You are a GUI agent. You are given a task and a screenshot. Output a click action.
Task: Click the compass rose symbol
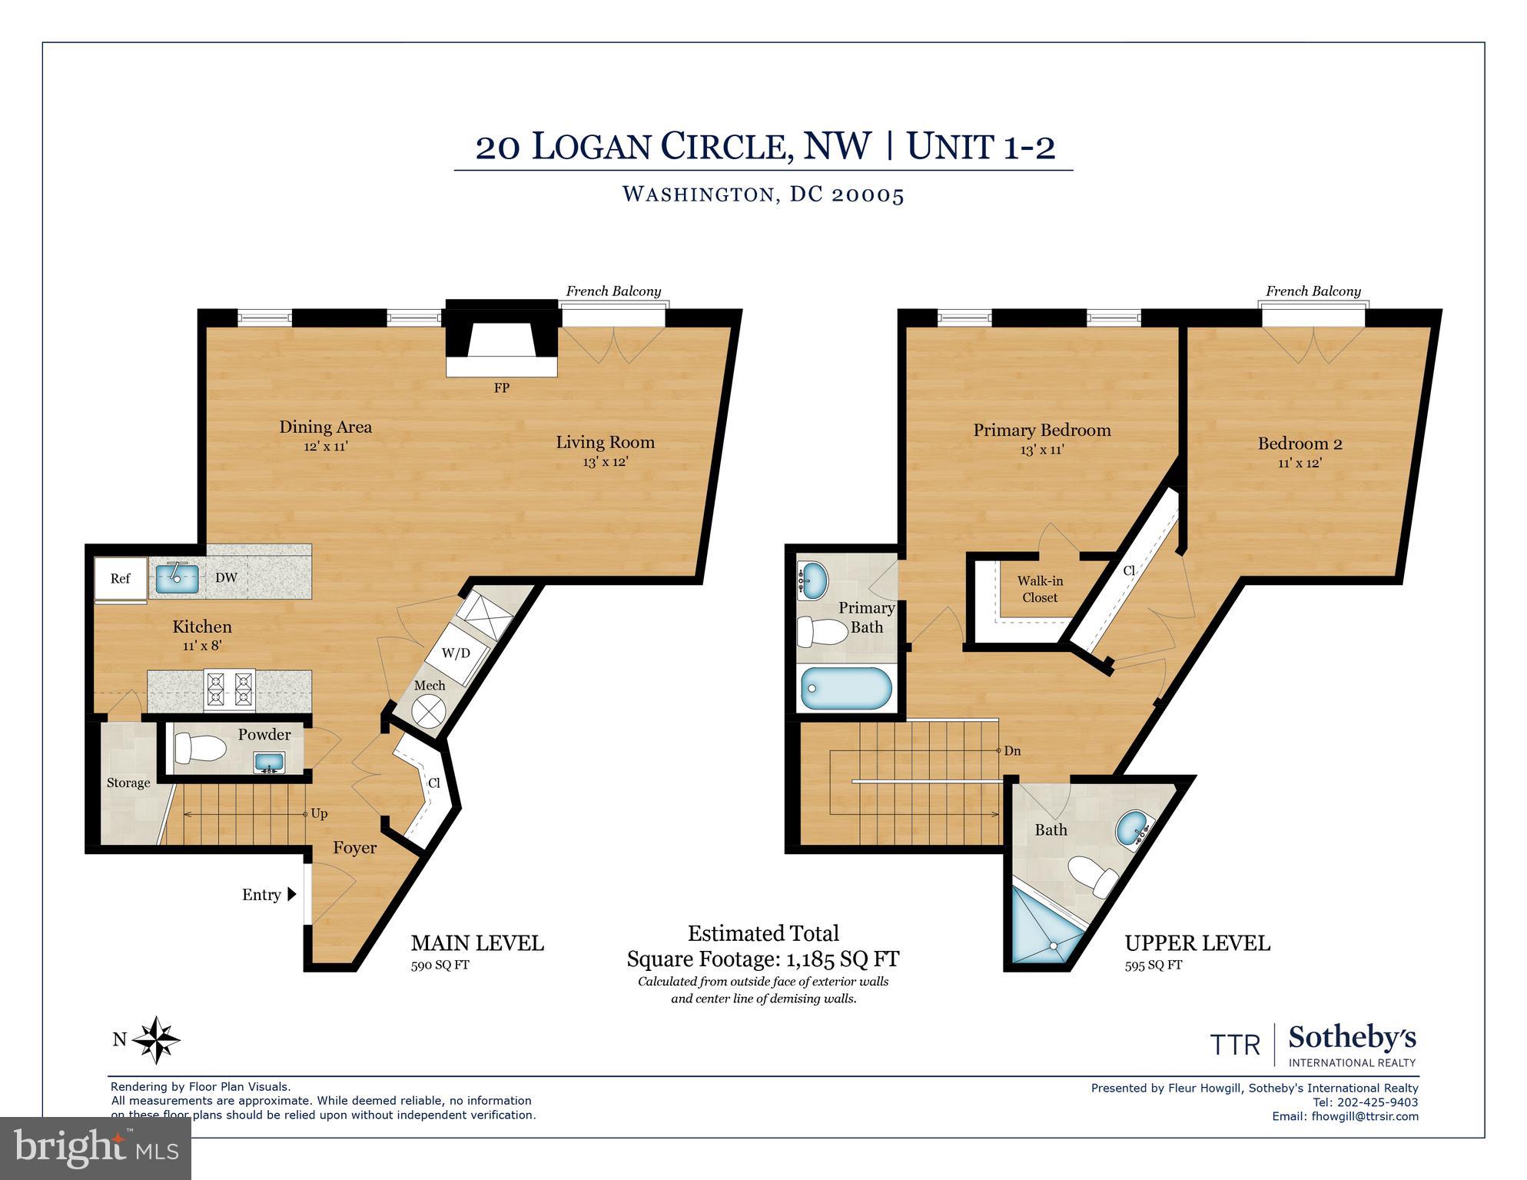click(x=156, y=1040)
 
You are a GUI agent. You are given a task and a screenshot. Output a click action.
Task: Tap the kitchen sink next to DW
click(x=178, y=577)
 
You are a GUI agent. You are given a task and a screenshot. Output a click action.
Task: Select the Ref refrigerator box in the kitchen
click(x=121, y=579)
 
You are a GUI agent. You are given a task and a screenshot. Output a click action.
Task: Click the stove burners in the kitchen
click(x=229, y=690)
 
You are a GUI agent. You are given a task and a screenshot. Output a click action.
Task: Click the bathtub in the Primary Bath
click(x=845, y=688)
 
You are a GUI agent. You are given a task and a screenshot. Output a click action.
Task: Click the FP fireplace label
click(x=501, y=388)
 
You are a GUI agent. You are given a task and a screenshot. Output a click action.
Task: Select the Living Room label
click(x=605, y=443)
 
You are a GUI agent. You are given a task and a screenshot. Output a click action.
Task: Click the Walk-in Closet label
click(x=1039, y=590)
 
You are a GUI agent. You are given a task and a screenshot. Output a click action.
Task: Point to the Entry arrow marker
click(x=291, y=894)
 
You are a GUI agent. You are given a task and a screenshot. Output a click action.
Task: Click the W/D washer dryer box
click(x=456, y=653)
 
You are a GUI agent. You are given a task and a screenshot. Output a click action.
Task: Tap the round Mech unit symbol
click(x=428, y=710)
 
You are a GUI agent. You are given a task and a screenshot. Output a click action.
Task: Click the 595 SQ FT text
click(x=1153, y=966)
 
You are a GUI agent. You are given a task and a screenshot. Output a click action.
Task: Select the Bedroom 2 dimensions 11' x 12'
click(x=1300, y=464)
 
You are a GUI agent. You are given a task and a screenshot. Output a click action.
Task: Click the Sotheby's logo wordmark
click(x=1352, y=1038)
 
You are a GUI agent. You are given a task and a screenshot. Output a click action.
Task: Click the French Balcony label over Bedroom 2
click(x=1313, y=291)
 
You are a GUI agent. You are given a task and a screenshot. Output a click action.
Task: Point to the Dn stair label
click(x=1012, y=751)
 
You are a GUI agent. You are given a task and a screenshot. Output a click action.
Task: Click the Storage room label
click(x=128, y=783)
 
